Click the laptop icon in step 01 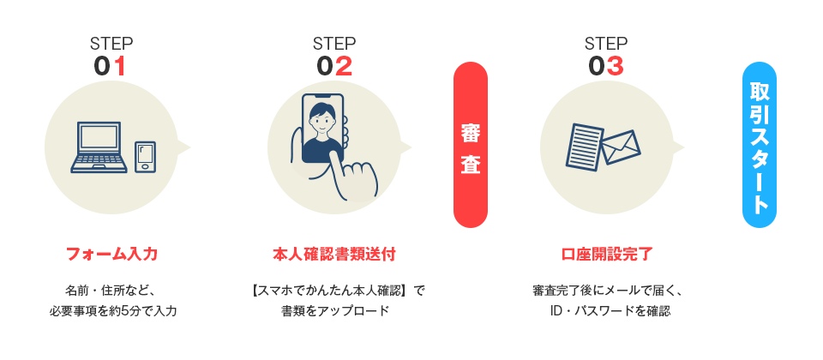click(x=99, y=147)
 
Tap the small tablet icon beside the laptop click(x=145, y=156)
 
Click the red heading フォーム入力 click(x=111, y=254)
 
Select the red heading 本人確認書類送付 click(x=334, y=254)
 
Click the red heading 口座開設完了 click(x=606, y=254)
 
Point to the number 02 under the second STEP click(x=333, y=66)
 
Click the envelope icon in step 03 click(x=621, y=147)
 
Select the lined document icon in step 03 click(x=586, y=146)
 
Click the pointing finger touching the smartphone click(x=354, y=176)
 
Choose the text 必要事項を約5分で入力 click(x=112, y=310)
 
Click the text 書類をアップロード click(x=334, y=310)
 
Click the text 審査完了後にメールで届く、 click(x=607, y=290)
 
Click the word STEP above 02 click(x=333, y=44)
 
